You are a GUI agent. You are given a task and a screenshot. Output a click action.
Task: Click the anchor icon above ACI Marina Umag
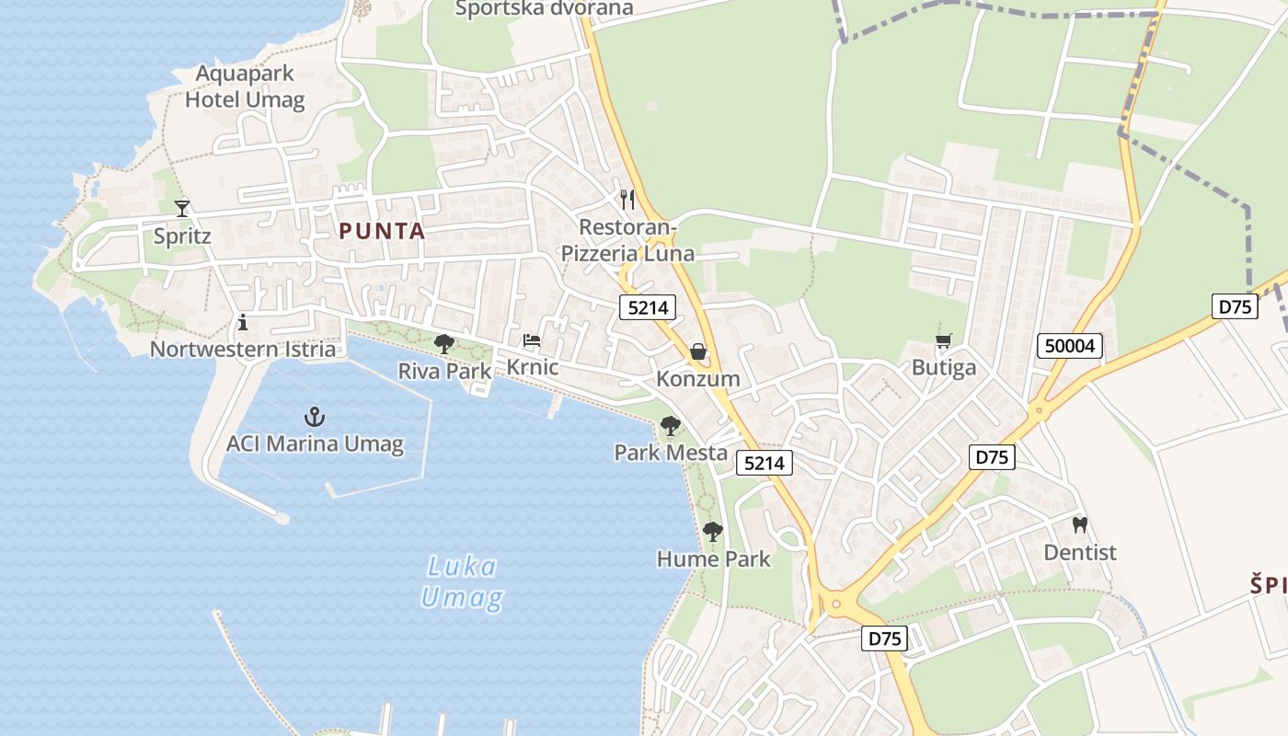point(315,417)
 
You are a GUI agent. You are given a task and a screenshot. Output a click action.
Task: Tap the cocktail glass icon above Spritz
point(182,209)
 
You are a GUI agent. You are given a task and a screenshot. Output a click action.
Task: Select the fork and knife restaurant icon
point(627,199)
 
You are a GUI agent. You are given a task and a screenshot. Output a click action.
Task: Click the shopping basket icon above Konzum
point(698,351)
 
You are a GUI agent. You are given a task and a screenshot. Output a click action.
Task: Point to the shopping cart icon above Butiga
point(943,342)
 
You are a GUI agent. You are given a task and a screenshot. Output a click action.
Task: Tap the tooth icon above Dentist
point(1080,525)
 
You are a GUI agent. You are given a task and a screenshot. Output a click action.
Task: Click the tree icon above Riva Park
point(444,344)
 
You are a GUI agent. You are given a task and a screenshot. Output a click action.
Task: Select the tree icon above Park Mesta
point(671,426)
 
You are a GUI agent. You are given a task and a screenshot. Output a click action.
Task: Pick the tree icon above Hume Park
point(713,531)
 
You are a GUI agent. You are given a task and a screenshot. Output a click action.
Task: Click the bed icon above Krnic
point(532,340)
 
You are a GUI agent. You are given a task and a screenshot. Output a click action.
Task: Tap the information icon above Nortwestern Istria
point(243,322)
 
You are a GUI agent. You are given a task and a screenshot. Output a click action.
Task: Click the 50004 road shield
point(1071,346)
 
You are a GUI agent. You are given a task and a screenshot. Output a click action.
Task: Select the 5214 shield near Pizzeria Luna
point(648,307)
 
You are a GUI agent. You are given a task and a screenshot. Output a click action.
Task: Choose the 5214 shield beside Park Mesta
point(765,464)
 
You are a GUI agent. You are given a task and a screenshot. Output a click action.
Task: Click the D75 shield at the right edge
point(1234,306)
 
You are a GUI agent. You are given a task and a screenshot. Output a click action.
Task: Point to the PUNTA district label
point(382,231)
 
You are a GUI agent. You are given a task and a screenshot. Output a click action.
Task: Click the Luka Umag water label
point(463,582)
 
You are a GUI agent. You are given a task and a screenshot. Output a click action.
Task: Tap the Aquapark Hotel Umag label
point(245,86)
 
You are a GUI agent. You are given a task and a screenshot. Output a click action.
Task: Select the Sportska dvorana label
point(545,9)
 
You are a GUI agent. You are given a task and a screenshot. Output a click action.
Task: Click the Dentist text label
point(1080,552)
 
